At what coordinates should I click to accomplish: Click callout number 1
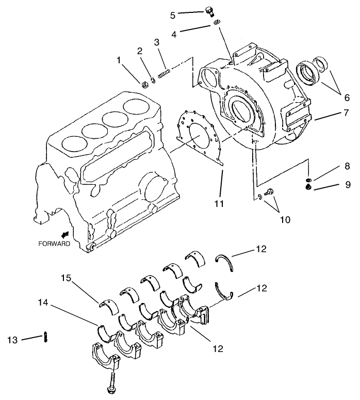click(x=120, y=60)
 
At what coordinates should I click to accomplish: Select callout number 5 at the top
click(x=173, y=15)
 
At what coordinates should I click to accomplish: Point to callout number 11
click(x=219, y=204)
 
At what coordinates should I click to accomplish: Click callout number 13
click(x=13, y=340)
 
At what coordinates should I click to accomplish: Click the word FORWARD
click(x=54, y=244)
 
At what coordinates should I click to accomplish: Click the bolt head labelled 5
click(x=209, y=10)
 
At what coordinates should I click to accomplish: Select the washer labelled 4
click(x=217, y=22)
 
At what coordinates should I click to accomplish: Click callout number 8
click(x=333, y=167)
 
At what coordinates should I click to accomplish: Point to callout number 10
click(x=285, y=219)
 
